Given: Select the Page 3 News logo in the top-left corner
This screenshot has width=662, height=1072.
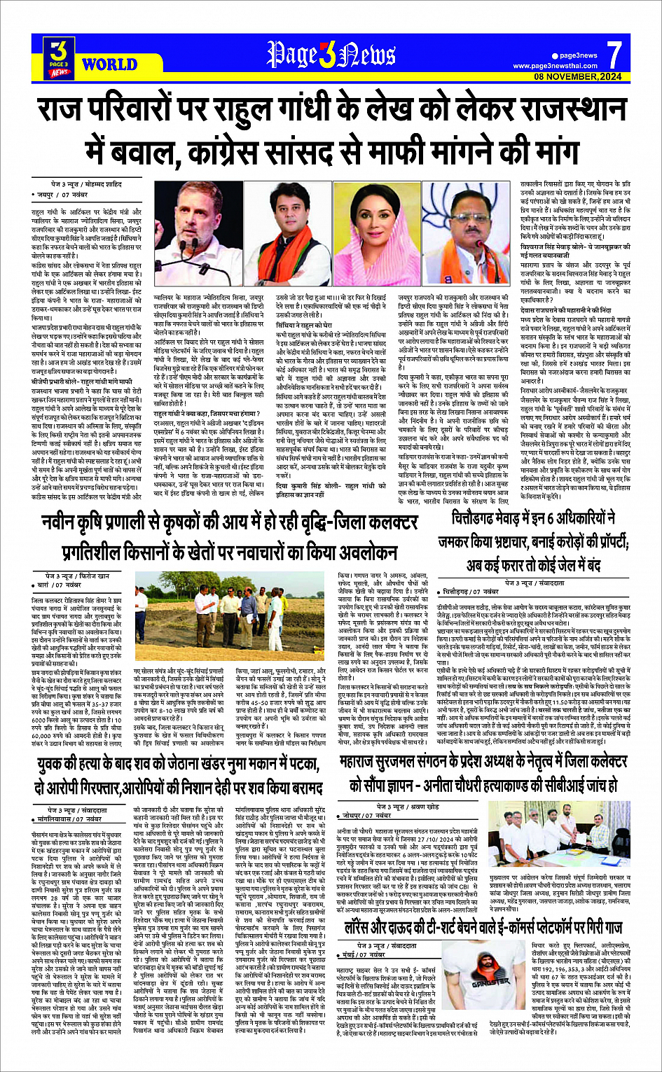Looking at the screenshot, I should [60, 57].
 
